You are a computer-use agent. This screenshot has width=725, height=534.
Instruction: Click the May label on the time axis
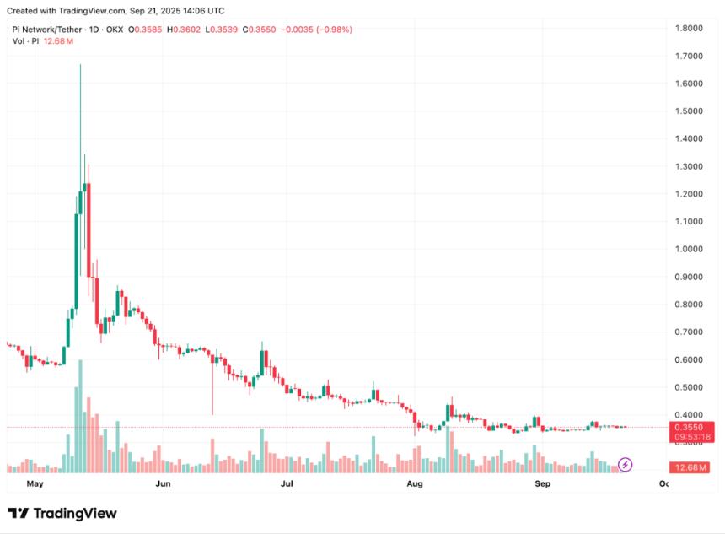click(x=35, y=484)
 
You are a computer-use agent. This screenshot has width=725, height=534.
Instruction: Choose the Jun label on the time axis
click(x=164, y=484)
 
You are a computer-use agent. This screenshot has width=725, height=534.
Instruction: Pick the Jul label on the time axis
click(x=287, y=484)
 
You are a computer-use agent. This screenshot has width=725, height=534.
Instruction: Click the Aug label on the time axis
click(x=414, y=484)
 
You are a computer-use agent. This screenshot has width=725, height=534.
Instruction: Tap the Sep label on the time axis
click(x=543, y=484)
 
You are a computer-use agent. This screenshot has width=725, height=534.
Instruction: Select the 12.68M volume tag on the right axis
click(x=690, y=467)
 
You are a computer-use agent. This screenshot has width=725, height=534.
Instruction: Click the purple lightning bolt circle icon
click(x=626, y=464)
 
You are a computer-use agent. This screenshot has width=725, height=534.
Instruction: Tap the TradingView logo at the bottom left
click(x=62, y=513)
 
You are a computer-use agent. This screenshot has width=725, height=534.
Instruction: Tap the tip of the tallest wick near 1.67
click(x=81, y=64)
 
